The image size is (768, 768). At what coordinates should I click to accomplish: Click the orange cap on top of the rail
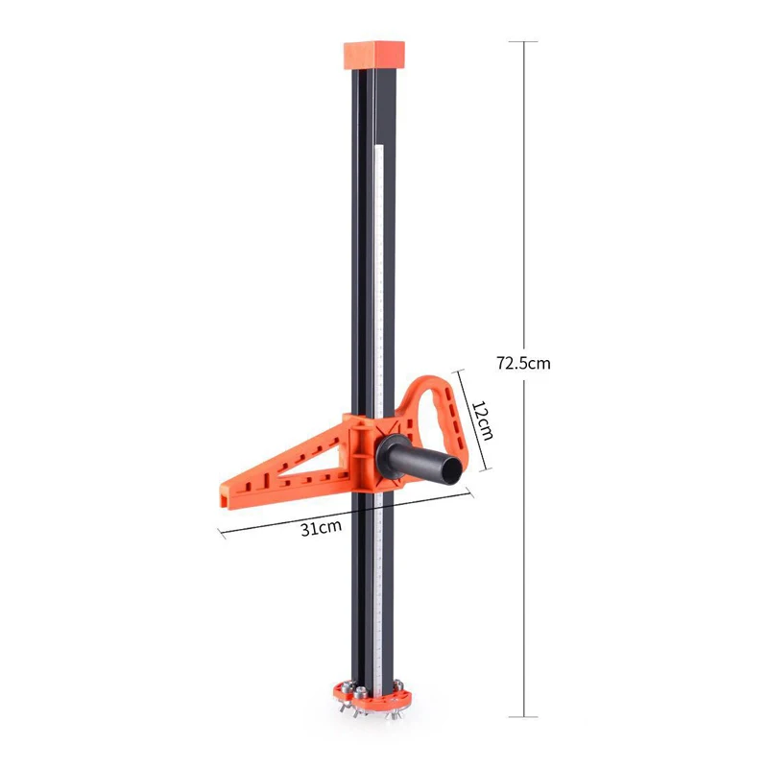[374, 56]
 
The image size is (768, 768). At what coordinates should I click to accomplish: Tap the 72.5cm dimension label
[523, 363]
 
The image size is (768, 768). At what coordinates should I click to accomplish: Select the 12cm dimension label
[482, 420]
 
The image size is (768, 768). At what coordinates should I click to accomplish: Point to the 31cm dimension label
[321, 529]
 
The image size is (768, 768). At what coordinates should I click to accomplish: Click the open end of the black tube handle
[451, 472]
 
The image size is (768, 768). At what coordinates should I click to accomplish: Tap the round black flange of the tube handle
[389, 457]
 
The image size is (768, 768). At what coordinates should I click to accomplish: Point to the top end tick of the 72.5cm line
[523, 41]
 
